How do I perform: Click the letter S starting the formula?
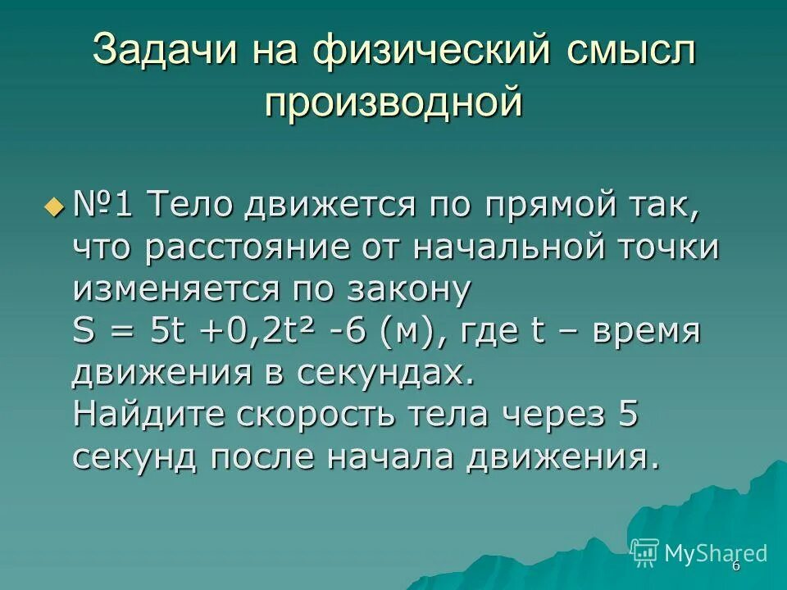[x=84, y=332]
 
